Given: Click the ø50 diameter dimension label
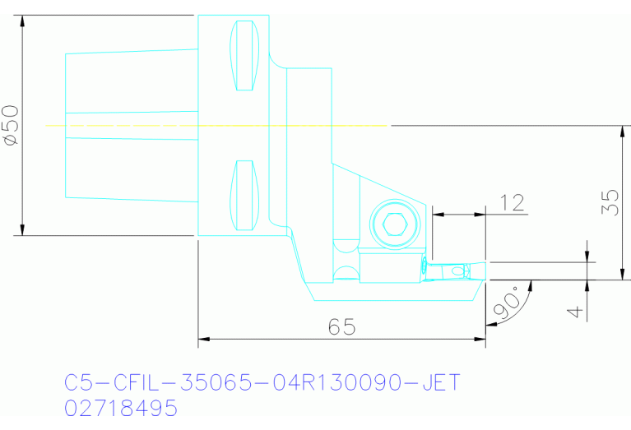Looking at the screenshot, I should click(x=11, y=125).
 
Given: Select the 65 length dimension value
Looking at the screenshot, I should click(x=341, y=326).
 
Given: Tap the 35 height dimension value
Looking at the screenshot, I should click(x=610, y=202).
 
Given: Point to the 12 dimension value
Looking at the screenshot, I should click(x=512, y=202).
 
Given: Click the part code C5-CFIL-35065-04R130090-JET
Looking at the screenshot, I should click(x=262, y=383).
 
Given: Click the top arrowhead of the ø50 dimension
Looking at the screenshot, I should click(x=23, y=21).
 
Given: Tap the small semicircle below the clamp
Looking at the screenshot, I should click(x=346, y=273).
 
